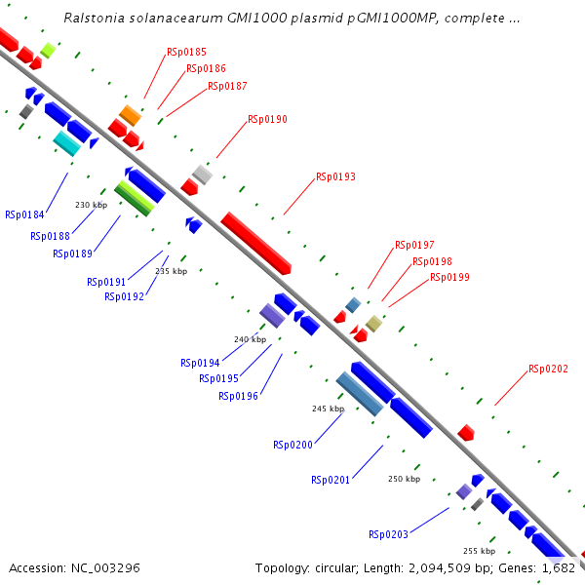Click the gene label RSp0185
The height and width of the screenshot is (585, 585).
[186, 51]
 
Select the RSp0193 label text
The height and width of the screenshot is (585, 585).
[335, 177]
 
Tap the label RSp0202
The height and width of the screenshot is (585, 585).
[548, 369]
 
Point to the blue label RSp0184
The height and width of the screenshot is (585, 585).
[24, 214]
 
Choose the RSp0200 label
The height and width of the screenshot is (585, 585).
[292, 445]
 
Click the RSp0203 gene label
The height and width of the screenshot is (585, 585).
[388, 534]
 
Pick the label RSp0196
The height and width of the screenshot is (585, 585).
[238, 396]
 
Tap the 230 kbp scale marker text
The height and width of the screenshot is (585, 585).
[90, 205]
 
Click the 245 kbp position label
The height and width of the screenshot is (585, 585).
[328, 409]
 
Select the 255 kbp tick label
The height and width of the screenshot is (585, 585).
[479, 551]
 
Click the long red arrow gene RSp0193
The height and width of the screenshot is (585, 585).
[256, 243]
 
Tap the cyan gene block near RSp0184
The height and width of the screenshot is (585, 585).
[67, 143]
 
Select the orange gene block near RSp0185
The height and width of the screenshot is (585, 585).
[131, 115]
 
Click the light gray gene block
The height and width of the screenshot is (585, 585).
[202, 175]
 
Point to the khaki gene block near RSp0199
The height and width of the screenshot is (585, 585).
[374, 324]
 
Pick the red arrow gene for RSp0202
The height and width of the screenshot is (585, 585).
[466, 432]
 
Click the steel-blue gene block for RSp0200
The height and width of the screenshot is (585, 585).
[359, 394]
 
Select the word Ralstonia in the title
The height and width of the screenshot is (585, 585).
[94, 19]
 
